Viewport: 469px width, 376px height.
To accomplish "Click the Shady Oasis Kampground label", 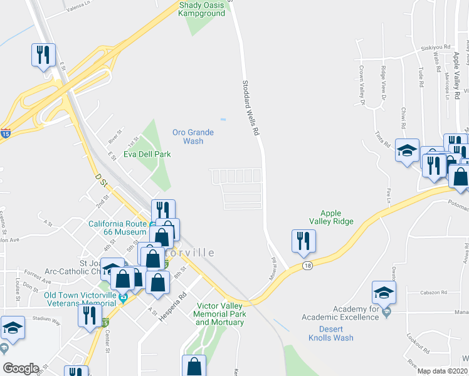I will pos(203,9).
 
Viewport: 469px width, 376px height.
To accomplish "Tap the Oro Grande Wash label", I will pos(193,137).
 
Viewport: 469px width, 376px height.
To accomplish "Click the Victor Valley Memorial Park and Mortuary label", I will pos(219,313).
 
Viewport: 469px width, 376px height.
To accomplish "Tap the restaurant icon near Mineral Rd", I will pos(303,241).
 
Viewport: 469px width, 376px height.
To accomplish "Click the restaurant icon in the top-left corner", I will pos(43,55).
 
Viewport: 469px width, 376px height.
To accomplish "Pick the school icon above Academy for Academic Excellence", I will pos(384,293).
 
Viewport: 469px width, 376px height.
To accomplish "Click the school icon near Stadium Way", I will pos(13,328).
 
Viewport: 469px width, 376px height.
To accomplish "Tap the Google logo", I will pos(21,368).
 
